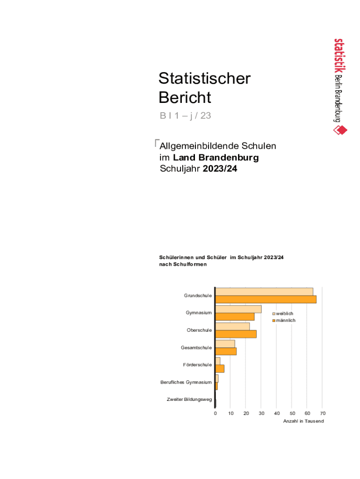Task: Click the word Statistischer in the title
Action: click(204, 79)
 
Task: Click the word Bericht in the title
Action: click(185, 98)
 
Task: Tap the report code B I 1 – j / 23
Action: click(185, 116)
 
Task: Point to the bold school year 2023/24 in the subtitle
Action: click(220, 169)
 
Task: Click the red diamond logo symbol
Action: click(340, 130)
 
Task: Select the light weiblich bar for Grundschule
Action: click(264, 292)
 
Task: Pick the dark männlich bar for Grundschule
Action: click(266, 299)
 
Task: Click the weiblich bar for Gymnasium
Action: click(238, 309)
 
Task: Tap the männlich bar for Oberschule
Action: click(236, 334)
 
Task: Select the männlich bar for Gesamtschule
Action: click(226, 351)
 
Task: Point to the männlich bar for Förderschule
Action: click(220, 369)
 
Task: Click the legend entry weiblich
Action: click(284, 313)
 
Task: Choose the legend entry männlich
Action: click(285, 320)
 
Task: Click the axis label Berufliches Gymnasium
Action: click(186, 383)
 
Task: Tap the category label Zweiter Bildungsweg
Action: click(189, 399)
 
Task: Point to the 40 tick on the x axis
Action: click(277, 414)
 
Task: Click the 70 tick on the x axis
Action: click(323, 414)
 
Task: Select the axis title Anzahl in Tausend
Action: click(303, 421)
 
